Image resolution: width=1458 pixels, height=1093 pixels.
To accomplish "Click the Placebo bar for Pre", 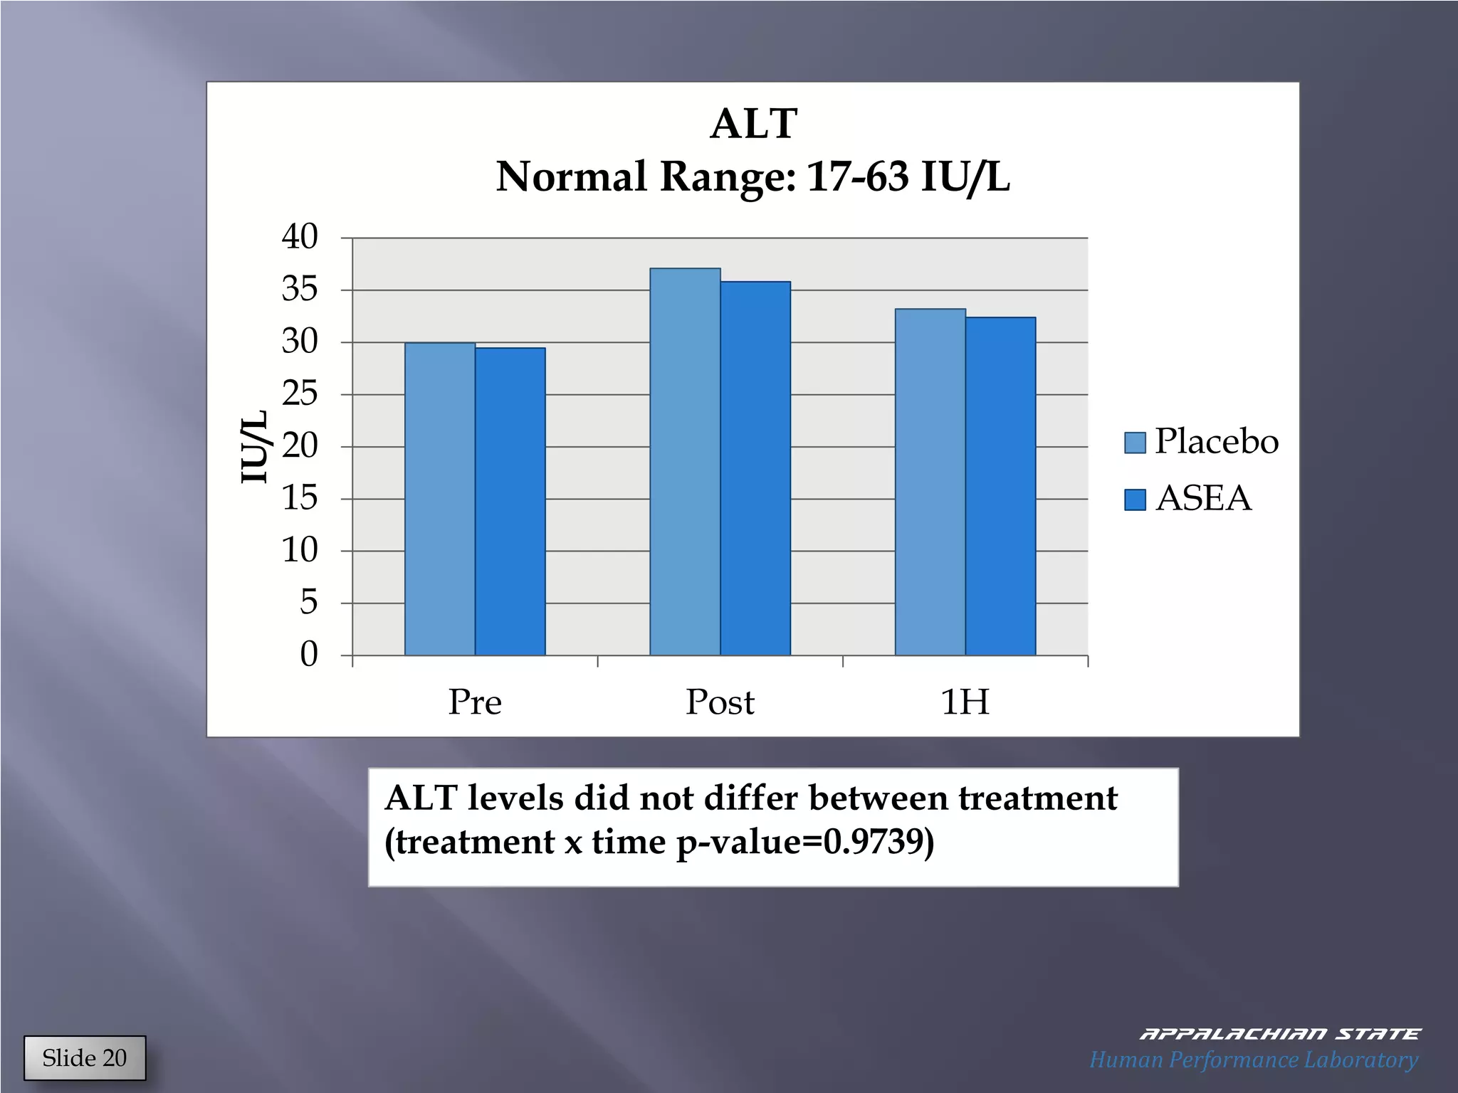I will click(x=440, y=498).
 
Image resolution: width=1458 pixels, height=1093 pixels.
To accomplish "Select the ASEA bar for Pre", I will click(x=510, y=501).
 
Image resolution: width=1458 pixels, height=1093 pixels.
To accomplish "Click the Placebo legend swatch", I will click(x=1135, y=443).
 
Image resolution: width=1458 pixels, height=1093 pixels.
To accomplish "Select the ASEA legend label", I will click(x=1203, y=498).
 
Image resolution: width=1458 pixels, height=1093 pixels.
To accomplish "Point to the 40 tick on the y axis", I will click(x=300, y=237).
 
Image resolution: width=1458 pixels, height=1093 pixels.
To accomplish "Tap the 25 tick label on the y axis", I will click(x=300, y=394).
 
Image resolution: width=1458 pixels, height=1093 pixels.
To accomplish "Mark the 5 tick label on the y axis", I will click(x=308, y=603).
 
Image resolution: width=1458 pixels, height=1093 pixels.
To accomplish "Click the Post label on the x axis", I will click(x=720, y=702).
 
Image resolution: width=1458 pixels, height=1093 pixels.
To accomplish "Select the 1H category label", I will click(x=965, y=702).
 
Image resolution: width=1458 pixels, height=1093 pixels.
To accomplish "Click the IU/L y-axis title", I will click(x=254, y=446).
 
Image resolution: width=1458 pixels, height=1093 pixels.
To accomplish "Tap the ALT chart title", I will click(x=753, y=124).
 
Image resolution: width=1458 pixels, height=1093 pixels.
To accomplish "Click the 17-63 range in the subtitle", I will click(x=858, y=176).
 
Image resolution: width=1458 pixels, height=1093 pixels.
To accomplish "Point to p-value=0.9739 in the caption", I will click(x=804, y=842).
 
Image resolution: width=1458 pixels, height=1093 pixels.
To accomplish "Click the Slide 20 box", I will click(x=85, y=1057).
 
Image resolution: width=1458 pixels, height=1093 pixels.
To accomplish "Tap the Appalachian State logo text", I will click(x=1279, y=1034).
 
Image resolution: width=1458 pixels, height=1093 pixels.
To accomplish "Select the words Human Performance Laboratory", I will click(x=1254, y=1060).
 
